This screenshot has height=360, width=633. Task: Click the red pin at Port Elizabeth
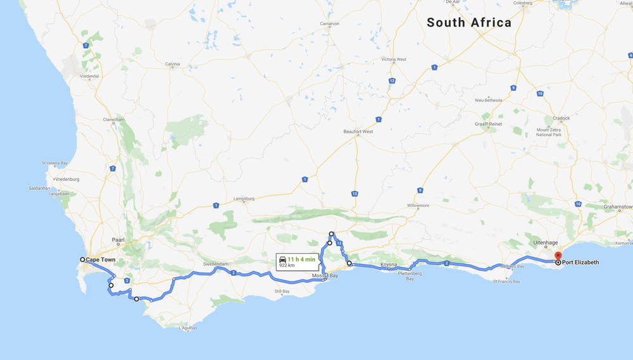[x=558, y=256]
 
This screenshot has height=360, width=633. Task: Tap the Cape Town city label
[x=101, y=260]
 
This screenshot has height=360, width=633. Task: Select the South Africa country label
[x=469, y=23]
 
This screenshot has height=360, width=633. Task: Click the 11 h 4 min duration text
[x=301, y=259]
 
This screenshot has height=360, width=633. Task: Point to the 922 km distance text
[x=287, y=266]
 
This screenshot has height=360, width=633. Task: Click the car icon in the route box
[x=283, y=259]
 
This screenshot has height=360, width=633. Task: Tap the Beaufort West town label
[x=358, y=132]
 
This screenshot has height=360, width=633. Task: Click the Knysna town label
[x=388, y=264]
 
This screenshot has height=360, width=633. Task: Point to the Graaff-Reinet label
[x=488, y=124]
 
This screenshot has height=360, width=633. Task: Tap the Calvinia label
[x=173, y=64]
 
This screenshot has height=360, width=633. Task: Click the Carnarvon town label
[x=330, y=24]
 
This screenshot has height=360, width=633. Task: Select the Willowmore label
[x=418, y=205]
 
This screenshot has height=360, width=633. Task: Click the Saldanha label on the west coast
[x=39, y=188]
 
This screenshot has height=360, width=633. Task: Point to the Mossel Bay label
[x=325, y=276]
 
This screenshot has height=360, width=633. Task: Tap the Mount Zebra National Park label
[x=548, y=132]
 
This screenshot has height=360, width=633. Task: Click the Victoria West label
[x=394, y=59]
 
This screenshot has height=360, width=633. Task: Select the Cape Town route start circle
[x=82, y=259]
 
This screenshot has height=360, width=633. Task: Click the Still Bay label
[x=282, y=292]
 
